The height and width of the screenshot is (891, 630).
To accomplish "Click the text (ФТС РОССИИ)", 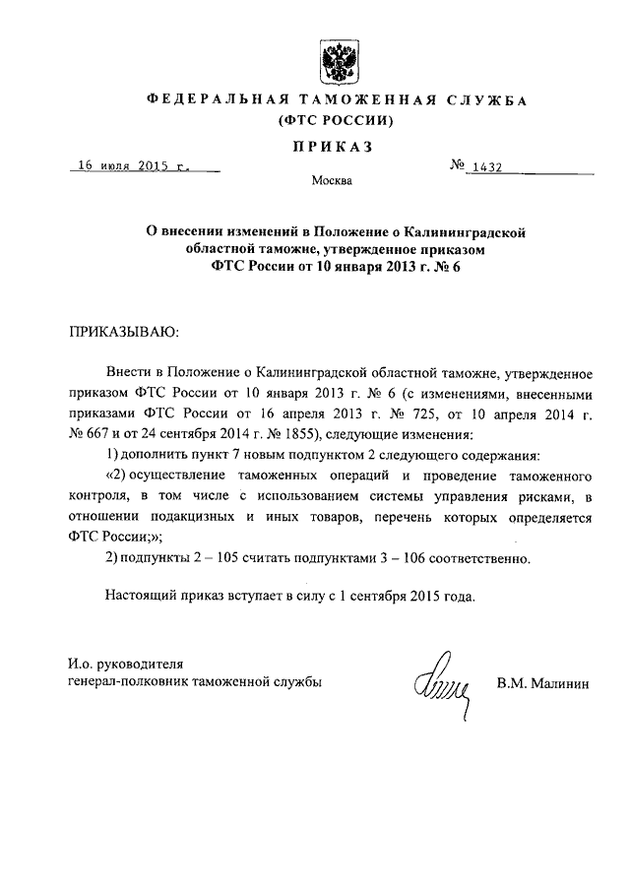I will click(x=336, y=122).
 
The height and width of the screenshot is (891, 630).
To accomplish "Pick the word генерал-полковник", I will click(x=123, y=681).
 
